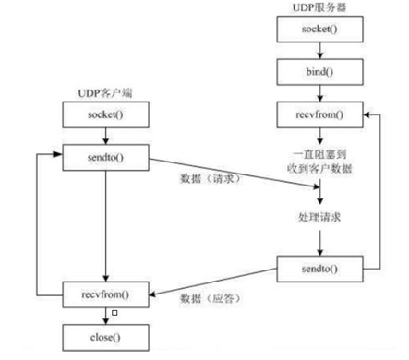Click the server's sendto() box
[319, 269]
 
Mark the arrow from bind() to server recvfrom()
[319, 94]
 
